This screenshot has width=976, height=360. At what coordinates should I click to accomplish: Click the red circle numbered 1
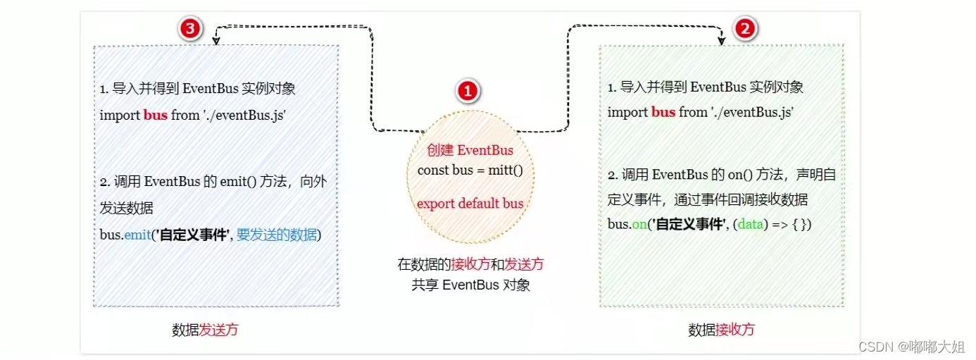(468, 91)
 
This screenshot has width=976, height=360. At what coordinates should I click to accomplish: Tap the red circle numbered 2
(746, 28)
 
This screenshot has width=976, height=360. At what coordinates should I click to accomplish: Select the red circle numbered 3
(191, 28)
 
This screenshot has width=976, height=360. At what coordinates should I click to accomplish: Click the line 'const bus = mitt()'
(470, 170)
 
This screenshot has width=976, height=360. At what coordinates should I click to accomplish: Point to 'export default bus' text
(470, 204)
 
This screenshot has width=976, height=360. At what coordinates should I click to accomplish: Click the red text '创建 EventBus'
(470, 151)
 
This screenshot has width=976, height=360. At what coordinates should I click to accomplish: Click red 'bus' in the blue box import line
(156, 115)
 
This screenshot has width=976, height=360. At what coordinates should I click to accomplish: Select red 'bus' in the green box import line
(663, 112)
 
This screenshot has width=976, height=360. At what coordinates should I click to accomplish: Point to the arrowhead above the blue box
(215, 41)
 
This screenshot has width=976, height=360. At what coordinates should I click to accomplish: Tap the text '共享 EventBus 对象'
(470, 285)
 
